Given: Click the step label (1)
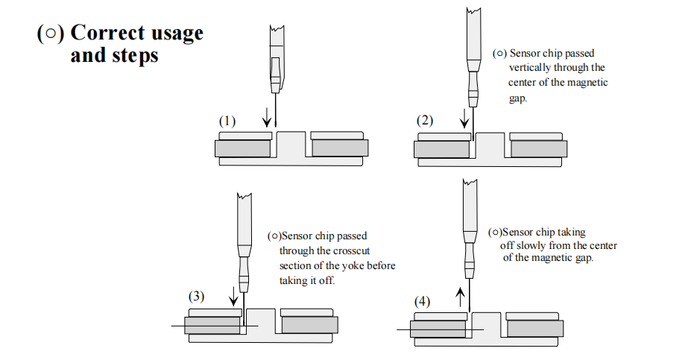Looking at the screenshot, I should pyautogui.click(x=227, y=121).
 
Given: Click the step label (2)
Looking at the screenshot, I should pyautogui.click(x=425, y=121).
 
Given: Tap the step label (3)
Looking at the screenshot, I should pyautogui.click(x=195, y=296).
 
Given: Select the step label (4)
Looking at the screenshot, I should pyautogui.click(x=422, y=302).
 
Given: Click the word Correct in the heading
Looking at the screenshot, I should pyautogui.click(x=104, y=34).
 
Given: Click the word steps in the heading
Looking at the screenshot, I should pyautogui.click(x=137, y=56).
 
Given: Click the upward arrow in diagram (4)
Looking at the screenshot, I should pyautogui.click(x=460, y=298).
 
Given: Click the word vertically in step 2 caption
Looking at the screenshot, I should pyautogui.click(x=531, y=67).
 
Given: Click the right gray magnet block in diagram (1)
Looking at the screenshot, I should pyautogui.click(x=340, y=148).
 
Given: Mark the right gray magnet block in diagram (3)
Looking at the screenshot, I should pyautogui.click(x=309, y=325).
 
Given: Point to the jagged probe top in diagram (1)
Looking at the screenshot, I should pyautogui.click(x=275, y=30).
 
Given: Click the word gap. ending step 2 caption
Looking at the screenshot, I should pyautogui.click(x=518, y=98).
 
